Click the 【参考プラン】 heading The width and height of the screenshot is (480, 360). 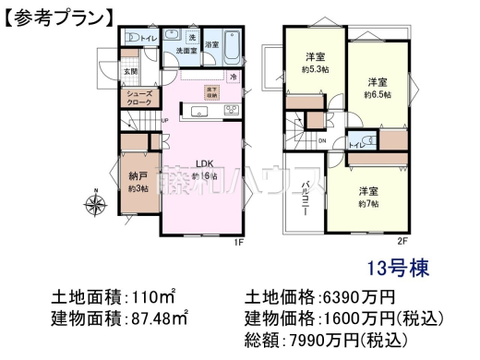tap(58, 16)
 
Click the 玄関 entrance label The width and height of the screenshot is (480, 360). tap(132, 71)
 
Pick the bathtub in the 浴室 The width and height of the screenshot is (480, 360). tap(231, 42)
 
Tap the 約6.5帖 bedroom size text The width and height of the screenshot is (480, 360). tap(378, 93)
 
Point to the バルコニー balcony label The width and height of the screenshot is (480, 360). tap(305, 198)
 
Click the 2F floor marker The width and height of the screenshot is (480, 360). tap(402, 242)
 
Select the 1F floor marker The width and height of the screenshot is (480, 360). tap(237, 242)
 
